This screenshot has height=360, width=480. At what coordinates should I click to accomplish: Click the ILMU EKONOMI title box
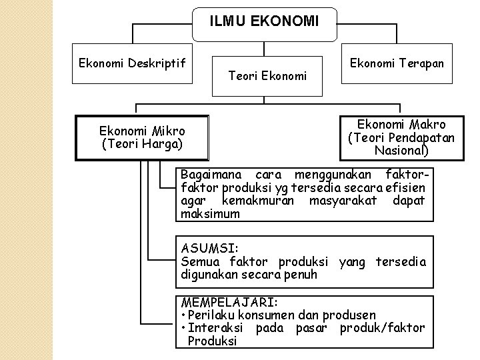click(x=264, y=22)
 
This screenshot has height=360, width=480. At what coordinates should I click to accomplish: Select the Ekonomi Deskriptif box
click(x=132, y=63)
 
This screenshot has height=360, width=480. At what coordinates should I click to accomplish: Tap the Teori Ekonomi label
click(x=267, y=76)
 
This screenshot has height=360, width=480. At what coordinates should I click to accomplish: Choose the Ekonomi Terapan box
click(x=397, y=63)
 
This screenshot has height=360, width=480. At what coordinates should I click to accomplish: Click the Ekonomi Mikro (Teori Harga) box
click(x=142, y=137)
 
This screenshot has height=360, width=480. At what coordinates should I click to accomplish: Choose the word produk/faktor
click(x=382, y=328)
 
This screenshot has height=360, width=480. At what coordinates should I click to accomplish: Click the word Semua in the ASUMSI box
click(x=200, y=262)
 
